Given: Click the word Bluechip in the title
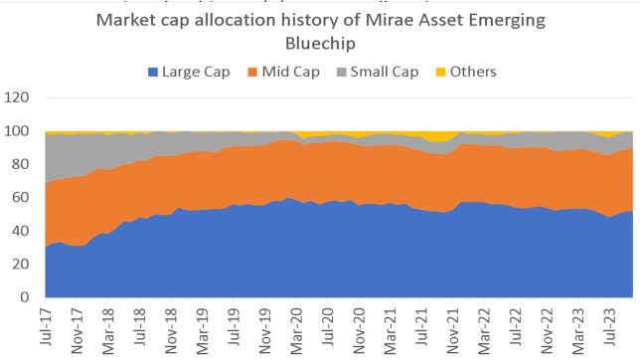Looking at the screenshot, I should (319, 46).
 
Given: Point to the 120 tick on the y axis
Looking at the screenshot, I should (21, 98).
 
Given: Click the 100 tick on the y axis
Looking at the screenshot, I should (21, 131).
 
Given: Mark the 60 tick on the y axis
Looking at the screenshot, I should (25, 197).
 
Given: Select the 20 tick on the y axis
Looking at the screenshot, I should (25, 264).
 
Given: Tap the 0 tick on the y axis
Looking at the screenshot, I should (29, 296).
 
